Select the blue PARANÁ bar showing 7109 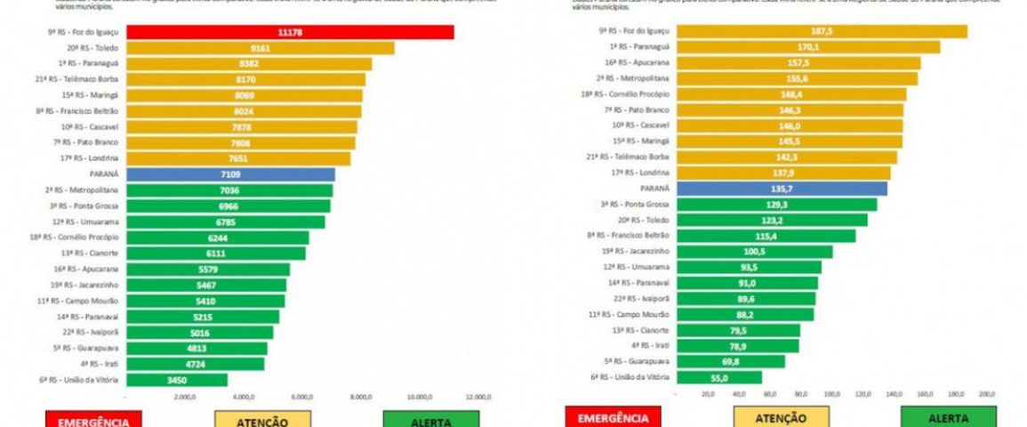[230, 174]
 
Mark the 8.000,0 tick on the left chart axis [361, 398]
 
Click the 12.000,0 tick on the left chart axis [478, 398]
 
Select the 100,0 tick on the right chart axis [831, 392]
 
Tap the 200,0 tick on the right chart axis [986, 392]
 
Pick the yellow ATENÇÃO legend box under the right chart [781, 417]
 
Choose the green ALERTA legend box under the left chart [430, 419]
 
